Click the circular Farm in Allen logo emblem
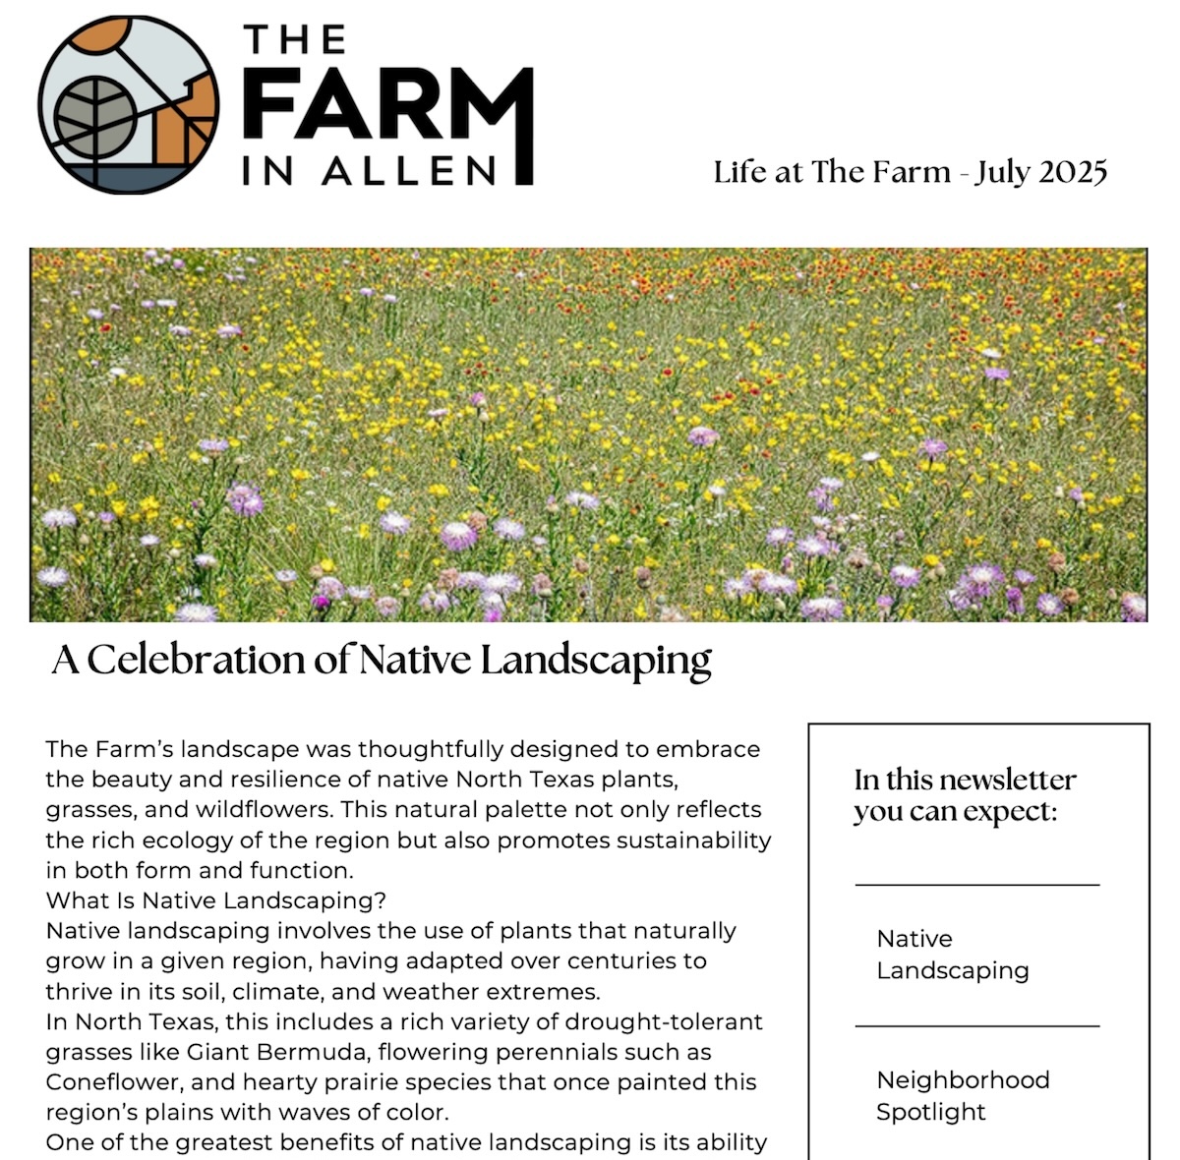click(x=129, y=104)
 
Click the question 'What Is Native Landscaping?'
click(x=216, y=900)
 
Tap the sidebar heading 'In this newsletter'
click(x=965, y=780)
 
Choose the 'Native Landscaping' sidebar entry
click(x=952, y=955)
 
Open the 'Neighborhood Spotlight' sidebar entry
click(x=963, y=1095)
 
